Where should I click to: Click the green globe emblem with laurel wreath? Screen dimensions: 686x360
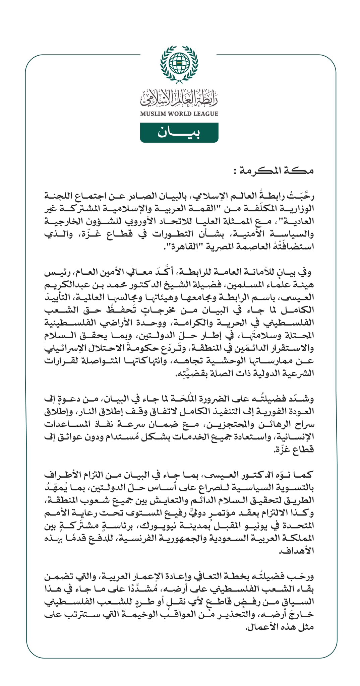[x=179, y=64]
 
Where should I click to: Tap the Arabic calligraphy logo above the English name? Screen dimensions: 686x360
[x=179, y=97]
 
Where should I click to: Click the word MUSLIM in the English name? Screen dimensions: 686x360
[x=152, y=114]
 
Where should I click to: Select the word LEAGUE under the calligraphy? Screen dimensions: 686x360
[x=205, y=114]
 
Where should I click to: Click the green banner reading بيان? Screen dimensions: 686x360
[x=179, y=133]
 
